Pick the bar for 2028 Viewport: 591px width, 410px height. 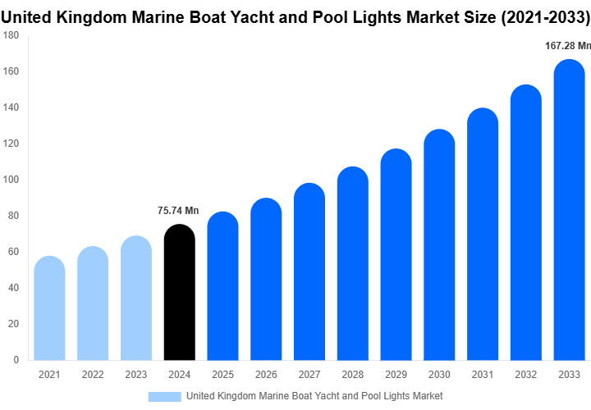click(353, 263)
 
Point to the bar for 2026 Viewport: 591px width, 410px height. click(266, 279)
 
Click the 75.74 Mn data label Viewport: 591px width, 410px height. click(178, 211)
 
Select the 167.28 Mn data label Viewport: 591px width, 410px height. click(568, 46)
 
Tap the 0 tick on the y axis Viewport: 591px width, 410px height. click(16, 359)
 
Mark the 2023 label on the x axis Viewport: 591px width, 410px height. click(135, 375)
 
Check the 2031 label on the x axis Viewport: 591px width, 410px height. click(482, 375)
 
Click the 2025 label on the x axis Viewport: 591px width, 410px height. click(222, 375)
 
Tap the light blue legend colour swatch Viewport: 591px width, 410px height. click(164, 396)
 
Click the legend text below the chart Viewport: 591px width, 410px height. click(314, 396)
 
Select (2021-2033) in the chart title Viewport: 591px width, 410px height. click(543, 16)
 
